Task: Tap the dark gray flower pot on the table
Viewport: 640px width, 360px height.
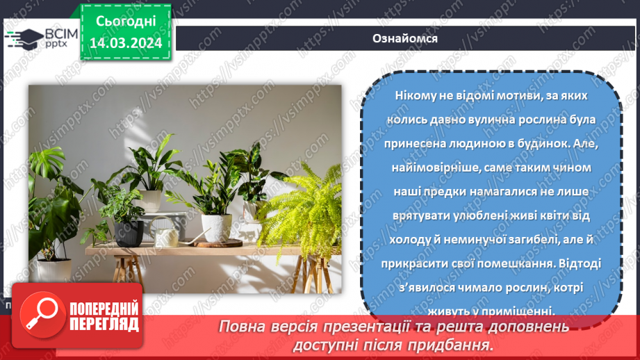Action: [129, 232]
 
